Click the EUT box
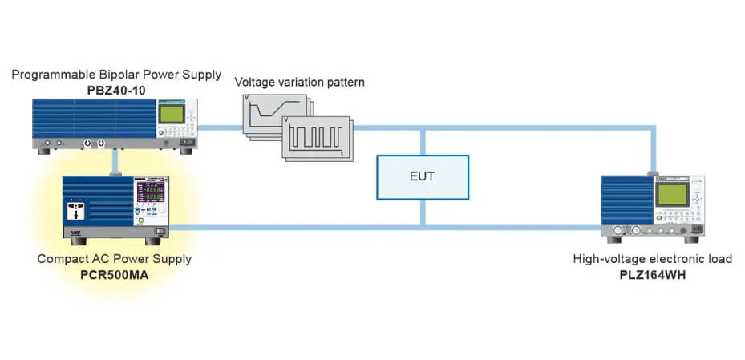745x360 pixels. pyautogui.click(x=423, y=176)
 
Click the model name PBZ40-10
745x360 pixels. pyautogui.click(x=116, y=90)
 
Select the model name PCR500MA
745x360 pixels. pyautogui.click(x=115, y=275)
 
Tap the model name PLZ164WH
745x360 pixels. pyautogui.click(x=652, y=275)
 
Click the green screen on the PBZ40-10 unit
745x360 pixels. pyautogui.click(x=171, y=114)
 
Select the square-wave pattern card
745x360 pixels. pyautogui.click(x=317, y=138)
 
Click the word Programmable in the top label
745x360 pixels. pyautogui.click(x=49, y=75)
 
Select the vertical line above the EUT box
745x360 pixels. pyautogui.click(x=423, y=140)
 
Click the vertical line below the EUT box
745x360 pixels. pyautogui.click(x=423, y=212)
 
